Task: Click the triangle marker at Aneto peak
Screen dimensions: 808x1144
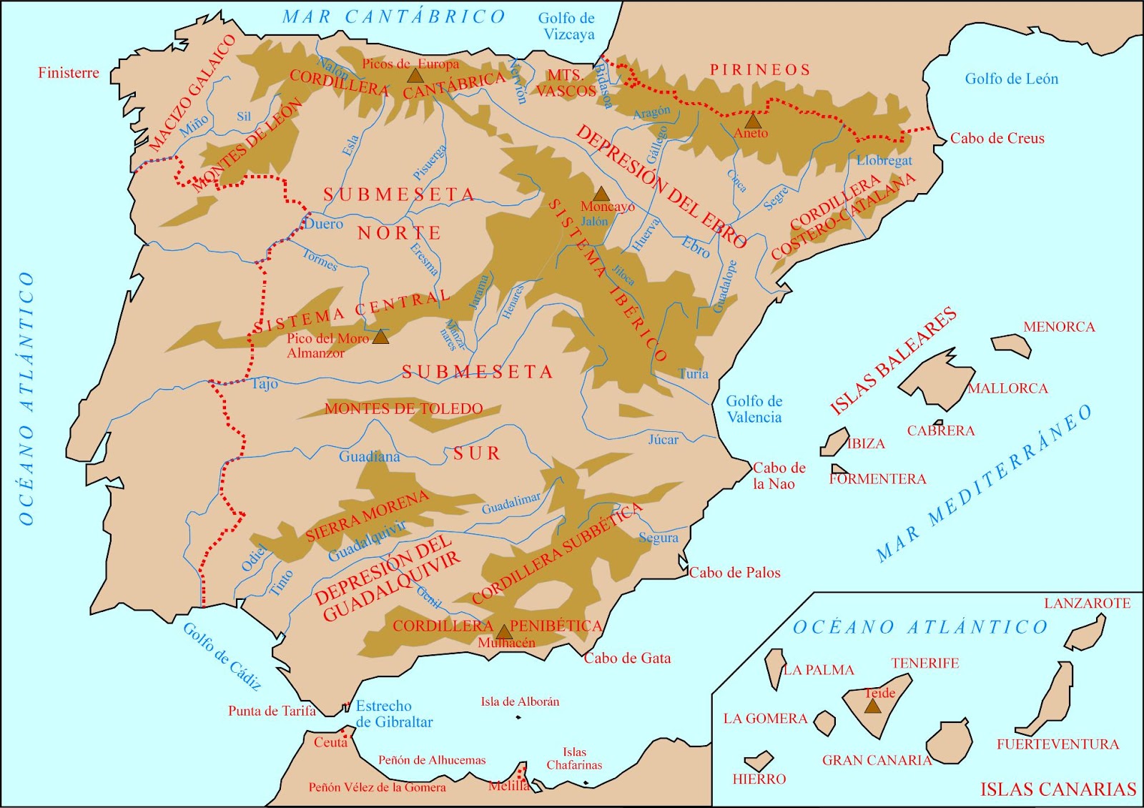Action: [753, 121]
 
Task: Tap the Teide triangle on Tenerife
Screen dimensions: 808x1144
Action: [872, 706]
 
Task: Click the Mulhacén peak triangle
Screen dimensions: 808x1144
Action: [504, 632]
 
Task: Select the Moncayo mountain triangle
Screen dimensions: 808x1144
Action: [601, 194]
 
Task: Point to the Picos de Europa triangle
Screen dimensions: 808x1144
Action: [415, 75]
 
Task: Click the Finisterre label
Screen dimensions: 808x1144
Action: [69, 73]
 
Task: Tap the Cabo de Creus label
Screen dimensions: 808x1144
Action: [997, 139]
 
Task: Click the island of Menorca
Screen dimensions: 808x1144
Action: [1012, 344]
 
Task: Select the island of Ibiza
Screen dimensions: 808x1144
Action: [834, 442]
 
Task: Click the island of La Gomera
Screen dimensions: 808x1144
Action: [825, 723]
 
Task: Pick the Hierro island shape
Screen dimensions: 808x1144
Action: [759, 761]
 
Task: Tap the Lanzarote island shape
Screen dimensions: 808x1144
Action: [1087, 632]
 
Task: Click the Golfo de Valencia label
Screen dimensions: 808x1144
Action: [754, 409]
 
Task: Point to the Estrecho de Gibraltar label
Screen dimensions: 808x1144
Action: [394, 714]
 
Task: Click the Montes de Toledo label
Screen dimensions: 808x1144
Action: [404, 409]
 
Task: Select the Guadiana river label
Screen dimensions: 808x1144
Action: [369, 456]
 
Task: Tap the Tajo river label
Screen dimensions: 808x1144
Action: [265, 384]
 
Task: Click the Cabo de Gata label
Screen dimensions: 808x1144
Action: [627, 659]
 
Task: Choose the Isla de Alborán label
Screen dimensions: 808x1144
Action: [520, 701]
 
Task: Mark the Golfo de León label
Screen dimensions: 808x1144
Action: [1011, 79]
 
